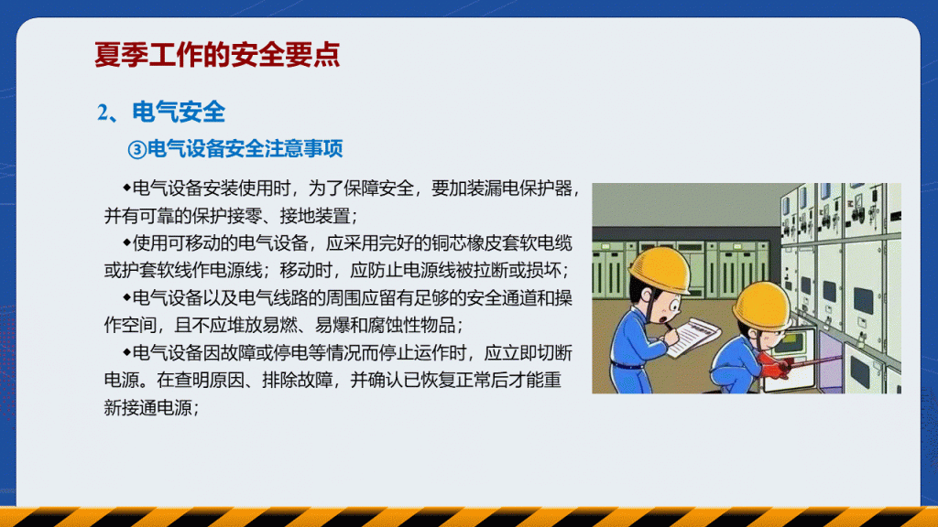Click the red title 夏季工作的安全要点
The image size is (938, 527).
pos(217,55)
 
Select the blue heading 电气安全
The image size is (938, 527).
pos(179,113)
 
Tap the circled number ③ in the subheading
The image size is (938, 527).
pos(137,149)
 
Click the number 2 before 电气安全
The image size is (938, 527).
pos(103,113)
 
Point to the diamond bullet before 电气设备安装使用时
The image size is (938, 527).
pos(126,188)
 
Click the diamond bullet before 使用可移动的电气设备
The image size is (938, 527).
pos(126,242)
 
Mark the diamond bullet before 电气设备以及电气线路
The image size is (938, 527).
pos(126,297)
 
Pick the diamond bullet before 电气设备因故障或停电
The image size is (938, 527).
pos(126,352)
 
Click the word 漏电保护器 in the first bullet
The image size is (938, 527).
pos(529,188)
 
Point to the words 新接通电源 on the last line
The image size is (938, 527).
pos(147,407)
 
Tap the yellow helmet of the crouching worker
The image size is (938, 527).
pos(761,307)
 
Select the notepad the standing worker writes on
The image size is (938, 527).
pos(694,336)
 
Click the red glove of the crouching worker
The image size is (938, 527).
pos(775,365)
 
